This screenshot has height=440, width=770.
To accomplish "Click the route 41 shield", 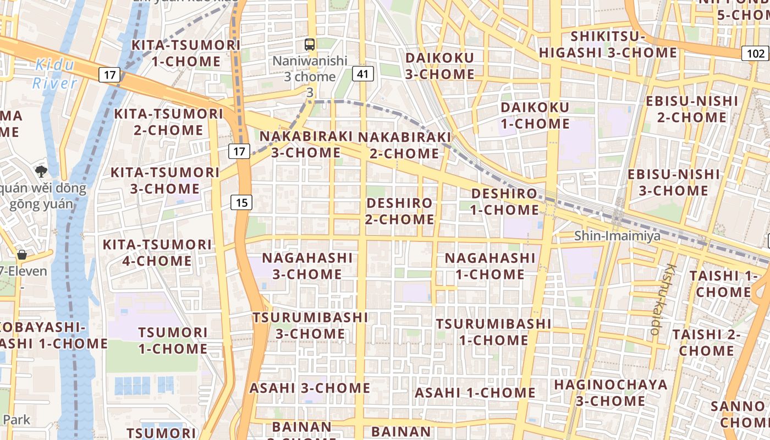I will point(362,74).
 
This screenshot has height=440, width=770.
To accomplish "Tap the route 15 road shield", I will point(241,203).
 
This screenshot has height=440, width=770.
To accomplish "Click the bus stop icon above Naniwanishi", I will point(310,45).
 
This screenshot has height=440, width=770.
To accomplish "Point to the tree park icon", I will point(41,171).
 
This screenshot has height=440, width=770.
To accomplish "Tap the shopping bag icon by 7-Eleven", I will point(22,255).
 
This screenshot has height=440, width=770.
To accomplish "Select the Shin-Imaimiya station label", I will point(617,236).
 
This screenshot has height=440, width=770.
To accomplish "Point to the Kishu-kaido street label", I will point(662,299).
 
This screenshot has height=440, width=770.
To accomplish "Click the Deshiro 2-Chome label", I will point(400,211).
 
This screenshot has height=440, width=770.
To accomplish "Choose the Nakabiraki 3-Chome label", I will point(306,144).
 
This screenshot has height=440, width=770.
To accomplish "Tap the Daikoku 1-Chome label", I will point(535,116).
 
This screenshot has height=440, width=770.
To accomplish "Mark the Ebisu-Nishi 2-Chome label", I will point(692,109).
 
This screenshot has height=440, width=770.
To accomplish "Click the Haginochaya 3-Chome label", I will point(610,393).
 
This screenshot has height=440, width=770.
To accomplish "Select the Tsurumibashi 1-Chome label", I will point(493,332).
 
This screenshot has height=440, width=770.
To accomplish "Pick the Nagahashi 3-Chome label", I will point(307,266).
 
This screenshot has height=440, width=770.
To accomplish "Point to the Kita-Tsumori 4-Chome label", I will point(157,252).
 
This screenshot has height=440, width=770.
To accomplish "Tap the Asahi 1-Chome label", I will point(475,393).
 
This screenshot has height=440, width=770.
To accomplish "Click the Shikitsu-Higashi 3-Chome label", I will point(608,45).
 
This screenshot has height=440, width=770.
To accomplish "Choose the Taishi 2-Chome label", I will point(706,342).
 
